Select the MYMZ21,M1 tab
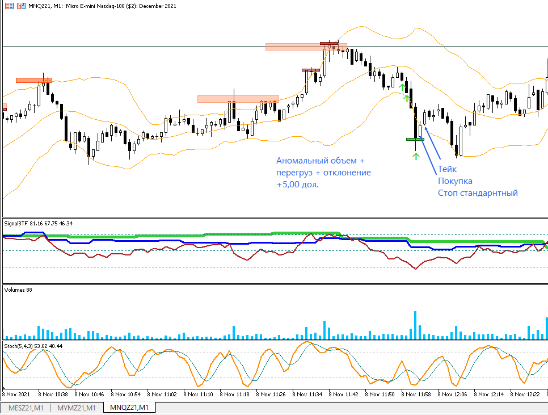point(77,408)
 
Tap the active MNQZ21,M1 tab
point(129,408)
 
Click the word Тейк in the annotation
point(447,169)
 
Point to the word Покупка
point(455,181)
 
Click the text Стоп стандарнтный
point(478,193)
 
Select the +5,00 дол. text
point(297,185)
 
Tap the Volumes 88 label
point(18,290)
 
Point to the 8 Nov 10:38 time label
point(53,393)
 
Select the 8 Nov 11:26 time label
point(271,393)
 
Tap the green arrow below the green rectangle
point(415,156)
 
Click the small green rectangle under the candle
point(415,139)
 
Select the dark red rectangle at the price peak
point(329,43)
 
